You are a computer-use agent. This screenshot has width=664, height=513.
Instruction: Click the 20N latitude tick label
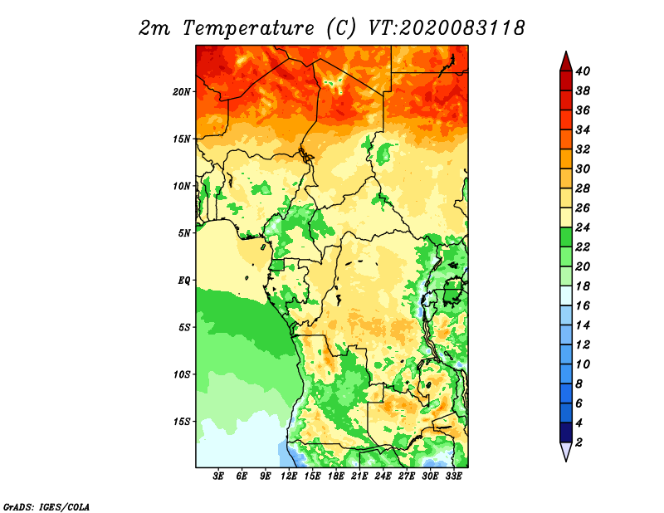click(x=181, y=92)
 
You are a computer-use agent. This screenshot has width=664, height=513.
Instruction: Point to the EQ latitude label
click(x=183, y=281)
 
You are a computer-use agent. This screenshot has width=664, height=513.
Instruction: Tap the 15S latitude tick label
click(x=181, y=422)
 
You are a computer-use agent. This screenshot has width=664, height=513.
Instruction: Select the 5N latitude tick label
click(x=183, y=233)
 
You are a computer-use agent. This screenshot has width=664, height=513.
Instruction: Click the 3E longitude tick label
click(x=218, y=476)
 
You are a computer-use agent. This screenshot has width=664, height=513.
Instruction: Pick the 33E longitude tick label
click(x=453, y=476)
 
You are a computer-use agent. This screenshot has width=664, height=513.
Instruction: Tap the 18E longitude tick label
click(x=336, y=476)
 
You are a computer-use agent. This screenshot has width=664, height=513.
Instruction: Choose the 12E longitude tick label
click(x=289, y=476)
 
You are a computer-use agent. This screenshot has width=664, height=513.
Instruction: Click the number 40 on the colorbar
click(x=583, y=71)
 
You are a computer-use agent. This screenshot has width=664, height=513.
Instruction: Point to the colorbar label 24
click(x=583, y=227)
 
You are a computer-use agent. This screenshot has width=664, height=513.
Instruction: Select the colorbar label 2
click(x=579, y=442)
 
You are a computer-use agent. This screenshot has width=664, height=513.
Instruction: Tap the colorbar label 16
click(x=583, y=305)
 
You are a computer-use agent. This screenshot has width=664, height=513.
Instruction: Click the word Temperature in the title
click(x=248, y=28)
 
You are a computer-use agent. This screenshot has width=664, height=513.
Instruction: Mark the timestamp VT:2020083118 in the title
click(x=447, y=28)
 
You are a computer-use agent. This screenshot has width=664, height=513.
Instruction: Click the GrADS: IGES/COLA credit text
click(x=46, y=506)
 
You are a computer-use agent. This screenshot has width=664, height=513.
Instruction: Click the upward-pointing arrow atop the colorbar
click(x=566, y=61)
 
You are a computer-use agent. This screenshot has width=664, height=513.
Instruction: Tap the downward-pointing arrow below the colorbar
click(x=566, y=452)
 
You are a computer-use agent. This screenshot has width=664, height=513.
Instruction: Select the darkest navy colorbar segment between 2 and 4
click(x=566, y=432)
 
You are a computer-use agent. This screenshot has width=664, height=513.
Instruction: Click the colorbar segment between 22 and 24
click(x=566, y=237)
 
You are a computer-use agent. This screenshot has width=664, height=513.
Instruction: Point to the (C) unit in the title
click(x=341, y=28)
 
